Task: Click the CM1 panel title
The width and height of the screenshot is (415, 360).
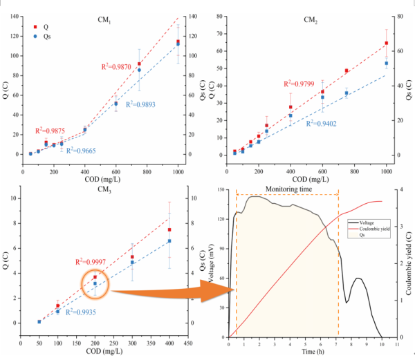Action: (x=106, y=20)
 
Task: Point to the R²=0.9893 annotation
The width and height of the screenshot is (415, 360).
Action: (x=122, y=104)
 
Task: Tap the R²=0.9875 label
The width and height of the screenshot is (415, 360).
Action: (x=51, y=130)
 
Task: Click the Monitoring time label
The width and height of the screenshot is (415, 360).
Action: (x=287, y=188)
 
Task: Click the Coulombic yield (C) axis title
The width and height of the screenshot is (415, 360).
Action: (x=409, y=263)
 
